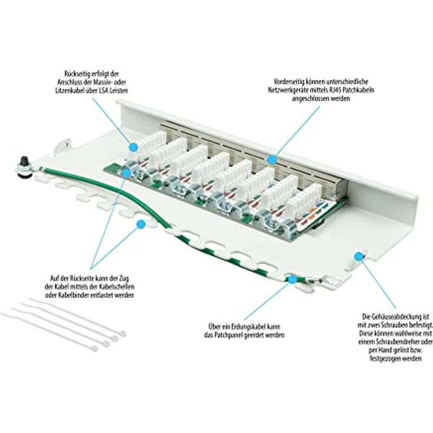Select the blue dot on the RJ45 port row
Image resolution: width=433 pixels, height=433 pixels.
pos(271,159)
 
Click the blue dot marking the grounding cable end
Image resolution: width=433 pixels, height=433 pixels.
pos(291,278)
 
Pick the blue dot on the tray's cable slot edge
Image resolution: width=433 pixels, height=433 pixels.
pos(141,224)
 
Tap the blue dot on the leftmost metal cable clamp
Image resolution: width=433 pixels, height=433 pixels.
pos(126,172)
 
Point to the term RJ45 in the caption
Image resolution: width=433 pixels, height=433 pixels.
pos(335,90)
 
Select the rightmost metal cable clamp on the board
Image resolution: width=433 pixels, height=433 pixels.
pos(271,225)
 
